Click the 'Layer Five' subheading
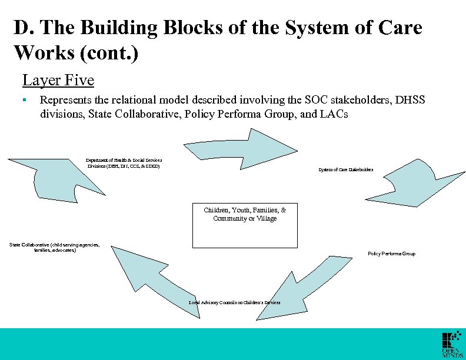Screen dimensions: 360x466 click(x=58, y=79)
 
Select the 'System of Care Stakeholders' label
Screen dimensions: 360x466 click(x=346, y=170)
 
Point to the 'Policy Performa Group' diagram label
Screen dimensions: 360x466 click(x=391, y=254)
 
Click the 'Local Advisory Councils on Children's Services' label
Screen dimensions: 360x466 click(x=234, y=302)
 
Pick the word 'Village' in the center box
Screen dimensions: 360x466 click(x=263, y=218)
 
